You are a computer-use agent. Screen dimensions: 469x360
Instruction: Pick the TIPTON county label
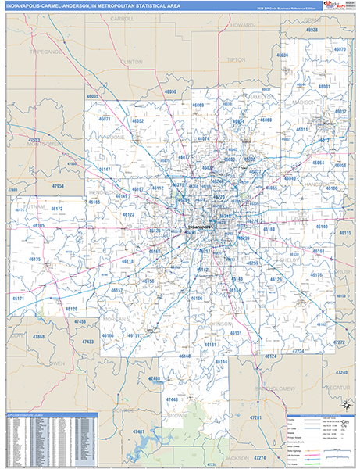pos(235,59)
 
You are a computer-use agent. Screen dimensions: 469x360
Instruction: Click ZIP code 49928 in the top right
pos(312,29)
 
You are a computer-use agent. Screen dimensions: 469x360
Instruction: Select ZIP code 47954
pos(58,185)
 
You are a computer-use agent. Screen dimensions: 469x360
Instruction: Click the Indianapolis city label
pos(200,227)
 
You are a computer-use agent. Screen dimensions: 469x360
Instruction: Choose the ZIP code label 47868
pos(38,337)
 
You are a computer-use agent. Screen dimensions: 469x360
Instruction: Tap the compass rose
pos(344,404)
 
